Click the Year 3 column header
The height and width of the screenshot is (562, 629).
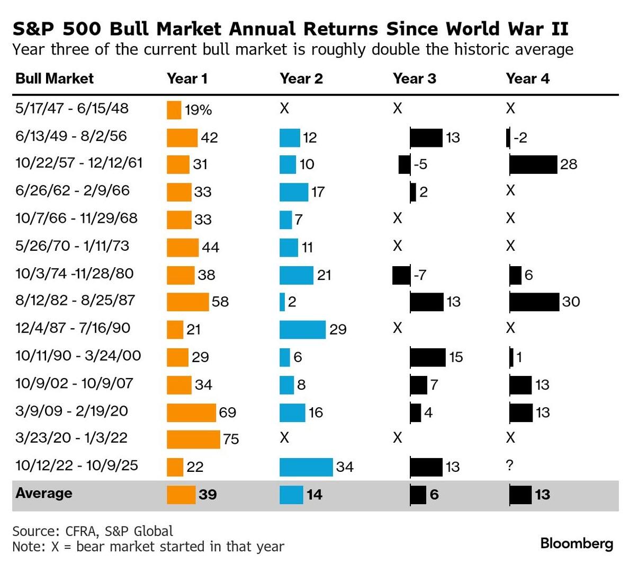pyautogui.click(x=414, y=79)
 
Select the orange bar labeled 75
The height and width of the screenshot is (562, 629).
pyautogui.click(x=193, y=439)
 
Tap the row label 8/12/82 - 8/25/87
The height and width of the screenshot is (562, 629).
pyautogui.click(x=75, y=301)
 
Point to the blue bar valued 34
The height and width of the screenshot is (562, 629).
pyautogui.click(x=306, y=467)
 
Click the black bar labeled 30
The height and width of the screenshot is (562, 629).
pyautogui.click(x=534, y=302)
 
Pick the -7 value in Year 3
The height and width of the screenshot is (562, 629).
pyautogui.click(x=419, y=275)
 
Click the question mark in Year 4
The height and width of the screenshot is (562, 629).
pyautogui.click(x=510, y=466)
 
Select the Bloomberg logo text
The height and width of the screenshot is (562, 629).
pyautogui.click(x=577, y=543)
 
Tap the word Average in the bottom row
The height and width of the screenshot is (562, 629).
pyautogui.click(x=44, y=493)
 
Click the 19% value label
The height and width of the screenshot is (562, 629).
pyautogui.click(x=199, y=110)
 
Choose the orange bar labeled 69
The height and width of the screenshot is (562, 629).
pyautogui.click(x=191, y=412)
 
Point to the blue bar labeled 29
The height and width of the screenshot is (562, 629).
pyautogui.click(x=302, y=329)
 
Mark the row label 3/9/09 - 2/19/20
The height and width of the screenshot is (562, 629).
pyautogui.click(x=71, y=411)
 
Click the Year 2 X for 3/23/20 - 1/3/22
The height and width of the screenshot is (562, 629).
pyautogui.click(x=284, y=438)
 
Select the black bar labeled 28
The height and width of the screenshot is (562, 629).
pyautogui.click(x=533, y=164)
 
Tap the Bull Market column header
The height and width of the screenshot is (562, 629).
pyautogui.click(x=55, y=79)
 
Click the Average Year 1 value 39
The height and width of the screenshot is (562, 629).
pyautogui.click(x=208, y=495)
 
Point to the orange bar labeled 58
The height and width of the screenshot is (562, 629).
pyautogui.click(x=187, y=302)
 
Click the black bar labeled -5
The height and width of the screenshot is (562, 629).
pyautogui.click(x=405, y=164)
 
